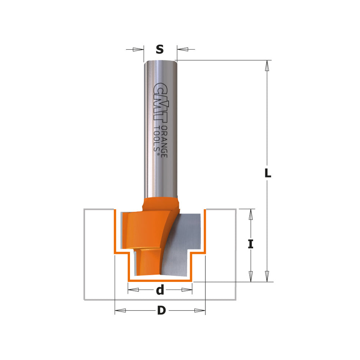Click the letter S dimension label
point(160,49)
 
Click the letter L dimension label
point(268,174)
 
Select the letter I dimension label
point(250,244)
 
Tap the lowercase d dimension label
point(160,290)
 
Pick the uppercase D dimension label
point(161,311)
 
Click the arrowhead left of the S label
point(139,49)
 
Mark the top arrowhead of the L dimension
point(268,66)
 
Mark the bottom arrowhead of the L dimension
point(268,276)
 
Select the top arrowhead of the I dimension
point(250,214)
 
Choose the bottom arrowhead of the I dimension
point(250,276)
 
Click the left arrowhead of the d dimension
point(133,290)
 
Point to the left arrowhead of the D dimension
point(120,311)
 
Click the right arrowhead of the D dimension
point(200,311)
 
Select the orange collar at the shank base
point(160,202)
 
